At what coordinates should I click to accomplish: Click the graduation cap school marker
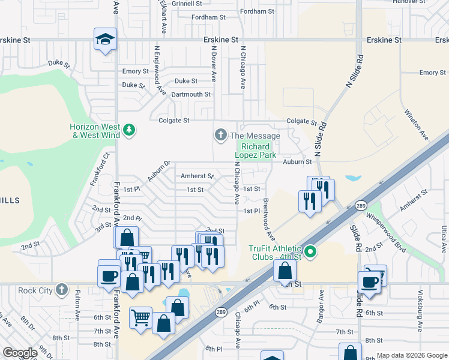(x=105, y=40)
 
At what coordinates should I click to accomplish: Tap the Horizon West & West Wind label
(x=94, y=130)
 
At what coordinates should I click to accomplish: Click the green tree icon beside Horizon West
(x=128, y=130)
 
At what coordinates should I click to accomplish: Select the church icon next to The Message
(x=220, y=135)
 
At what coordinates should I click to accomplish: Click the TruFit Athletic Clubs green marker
(x=310, y=252)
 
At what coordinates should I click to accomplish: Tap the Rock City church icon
(x=61, y=290)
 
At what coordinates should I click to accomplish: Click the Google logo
(x=20, y=353)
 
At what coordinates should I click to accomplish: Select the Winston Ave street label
(x=416, y=124)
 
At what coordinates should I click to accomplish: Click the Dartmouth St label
(x=191, y=94)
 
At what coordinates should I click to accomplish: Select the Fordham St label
(x=256, y=11)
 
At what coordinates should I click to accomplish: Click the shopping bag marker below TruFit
(x=285, y=271)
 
